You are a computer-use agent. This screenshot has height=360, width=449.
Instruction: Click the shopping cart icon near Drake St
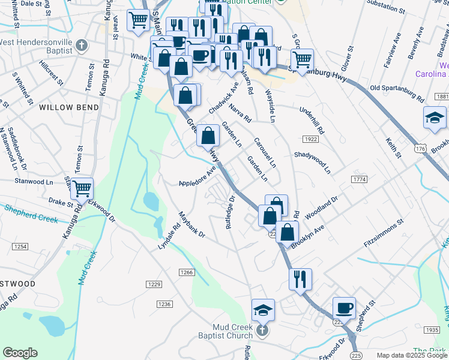pyautogui.click(x=82, y=188)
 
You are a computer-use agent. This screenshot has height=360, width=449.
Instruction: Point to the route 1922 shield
pyautogui.click(x=310, y=139)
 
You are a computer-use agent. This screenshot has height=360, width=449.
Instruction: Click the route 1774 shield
pyautogui.click(x=360, y=179)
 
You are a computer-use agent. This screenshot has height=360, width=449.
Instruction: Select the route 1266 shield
pyautogui.click(x=187, y=272)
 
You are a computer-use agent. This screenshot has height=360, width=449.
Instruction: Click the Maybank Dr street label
pyautogui.click(x=192, y=225)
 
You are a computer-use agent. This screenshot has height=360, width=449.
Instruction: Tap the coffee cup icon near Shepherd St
pyautogui.click(x=344, y=308)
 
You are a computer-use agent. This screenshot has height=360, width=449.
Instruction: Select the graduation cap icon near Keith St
pyautogui.click(x=435, y=118)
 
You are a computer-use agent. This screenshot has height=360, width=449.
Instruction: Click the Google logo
pyautogui.click(x=20, y=353)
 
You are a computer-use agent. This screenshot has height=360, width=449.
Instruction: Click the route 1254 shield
pyautogui.click(x=20, y=247)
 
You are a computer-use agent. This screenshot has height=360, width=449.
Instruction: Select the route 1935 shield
pyautogui.click(x=431, y=330)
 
